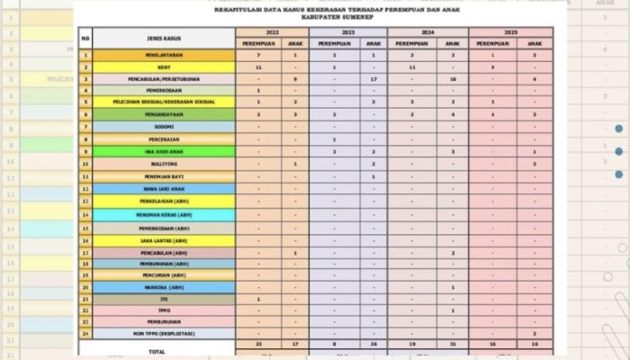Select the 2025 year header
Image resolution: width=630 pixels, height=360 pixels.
click(509, 31)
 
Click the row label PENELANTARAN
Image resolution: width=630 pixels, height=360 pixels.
click(163, 56)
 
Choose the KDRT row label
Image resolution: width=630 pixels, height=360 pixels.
click(163, 67)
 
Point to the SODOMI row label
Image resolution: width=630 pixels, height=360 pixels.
click(163, 127)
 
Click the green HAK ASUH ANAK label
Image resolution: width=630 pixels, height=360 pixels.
click(163, 152)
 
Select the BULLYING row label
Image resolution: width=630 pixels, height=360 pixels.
click(163, 165)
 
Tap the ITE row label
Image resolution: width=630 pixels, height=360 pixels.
click(163, 299)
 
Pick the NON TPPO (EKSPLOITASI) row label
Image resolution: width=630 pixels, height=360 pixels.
click(163, 333)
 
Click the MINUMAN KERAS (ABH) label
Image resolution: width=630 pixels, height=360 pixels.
click(163, 215)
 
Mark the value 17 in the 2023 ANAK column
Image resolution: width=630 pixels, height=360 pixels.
click(373, 80)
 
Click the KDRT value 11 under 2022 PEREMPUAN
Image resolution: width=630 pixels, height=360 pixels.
click(258, 67)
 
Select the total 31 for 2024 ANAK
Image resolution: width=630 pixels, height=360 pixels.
click(453, 345)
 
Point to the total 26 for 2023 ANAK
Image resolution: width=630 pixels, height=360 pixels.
click(373, 345)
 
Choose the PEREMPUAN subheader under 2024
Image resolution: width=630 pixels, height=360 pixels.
click(412, 43)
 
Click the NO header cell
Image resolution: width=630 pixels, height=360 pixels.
click(85, 39)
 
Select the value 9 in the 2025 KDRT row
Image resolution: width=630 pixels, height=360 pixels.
click(493, 67)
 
